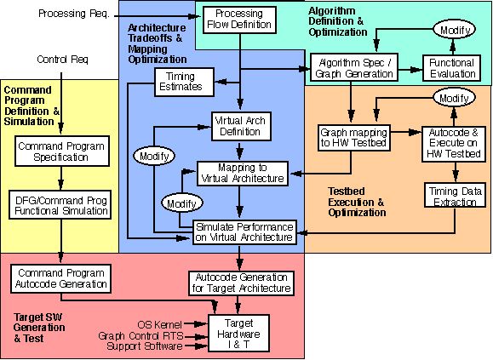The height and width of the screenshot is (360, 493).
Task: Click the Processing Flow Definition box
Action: (x=239, y=20)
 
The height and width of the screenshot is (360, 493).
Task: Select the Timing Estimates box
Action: (x=184, y=83)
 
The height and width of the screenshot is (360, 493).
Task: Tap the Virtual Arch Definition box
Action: (x=241, y=126)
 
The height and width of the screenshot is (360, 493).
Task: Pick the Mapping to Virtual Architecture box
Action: (x=243, y=174)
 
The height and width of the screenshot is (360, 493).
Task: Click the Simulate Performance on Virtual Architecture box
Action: (x=244, y=232)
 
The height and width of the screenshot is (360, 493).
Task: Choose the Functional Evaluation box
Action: (x=452, y=68)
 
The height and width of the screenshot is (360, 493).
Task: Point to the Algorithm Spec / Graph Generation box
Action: (x=354, y=68)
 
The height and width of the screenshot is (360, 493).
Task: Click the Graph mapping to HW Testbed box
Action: (x=353, y=138)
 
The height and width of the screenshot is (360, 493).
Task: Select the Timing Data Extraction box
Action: (x=456, y=195)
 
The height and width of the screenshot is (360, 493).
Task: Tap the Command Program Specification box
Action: (x=62, y=151)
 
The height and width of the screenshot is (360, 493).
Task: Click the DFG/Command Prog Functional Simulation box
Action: (x=60, y=204)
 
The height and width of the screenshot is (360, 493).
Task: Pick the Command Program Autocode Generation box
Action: (x=61, y=278)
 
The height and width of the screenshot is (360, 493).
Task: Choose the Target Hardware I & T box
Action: (x=239, y=334)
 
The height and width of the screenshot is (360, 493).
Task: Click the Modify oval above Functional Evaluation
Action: (x=455, y=30)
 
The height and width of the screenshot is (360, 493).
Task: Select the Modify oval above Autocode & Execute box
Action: (x=454, y=98)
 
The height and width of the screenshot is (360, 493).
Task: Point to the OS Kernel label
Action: (x=160, y=324)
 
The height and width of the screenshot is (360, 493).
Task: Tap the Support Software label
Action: (x=145, y=346)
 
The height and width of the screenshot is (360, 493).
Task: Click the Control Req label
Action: (x=62, y=59)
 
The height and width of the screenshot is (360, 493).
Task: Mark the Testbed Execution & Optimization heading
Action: (x=357, y=202)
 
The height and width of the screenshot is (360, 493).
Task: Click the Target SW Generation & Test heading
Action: (x=39, y=328)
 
